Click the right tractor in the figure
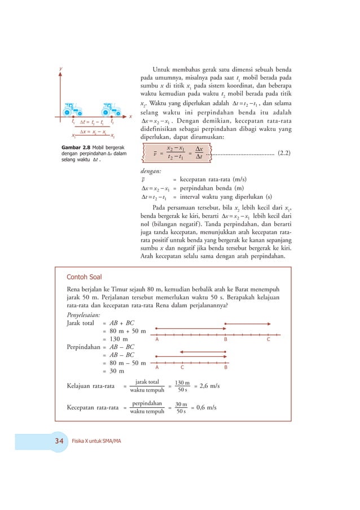tap(109, 110)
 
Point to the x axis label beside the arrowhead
tap(130, 117)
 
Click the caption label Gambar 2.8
tap(76, 148)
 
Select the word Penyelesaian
tap(84, 314)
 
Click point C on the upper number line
tap(269, 339)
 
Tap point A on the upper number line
tap(156, 339)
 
